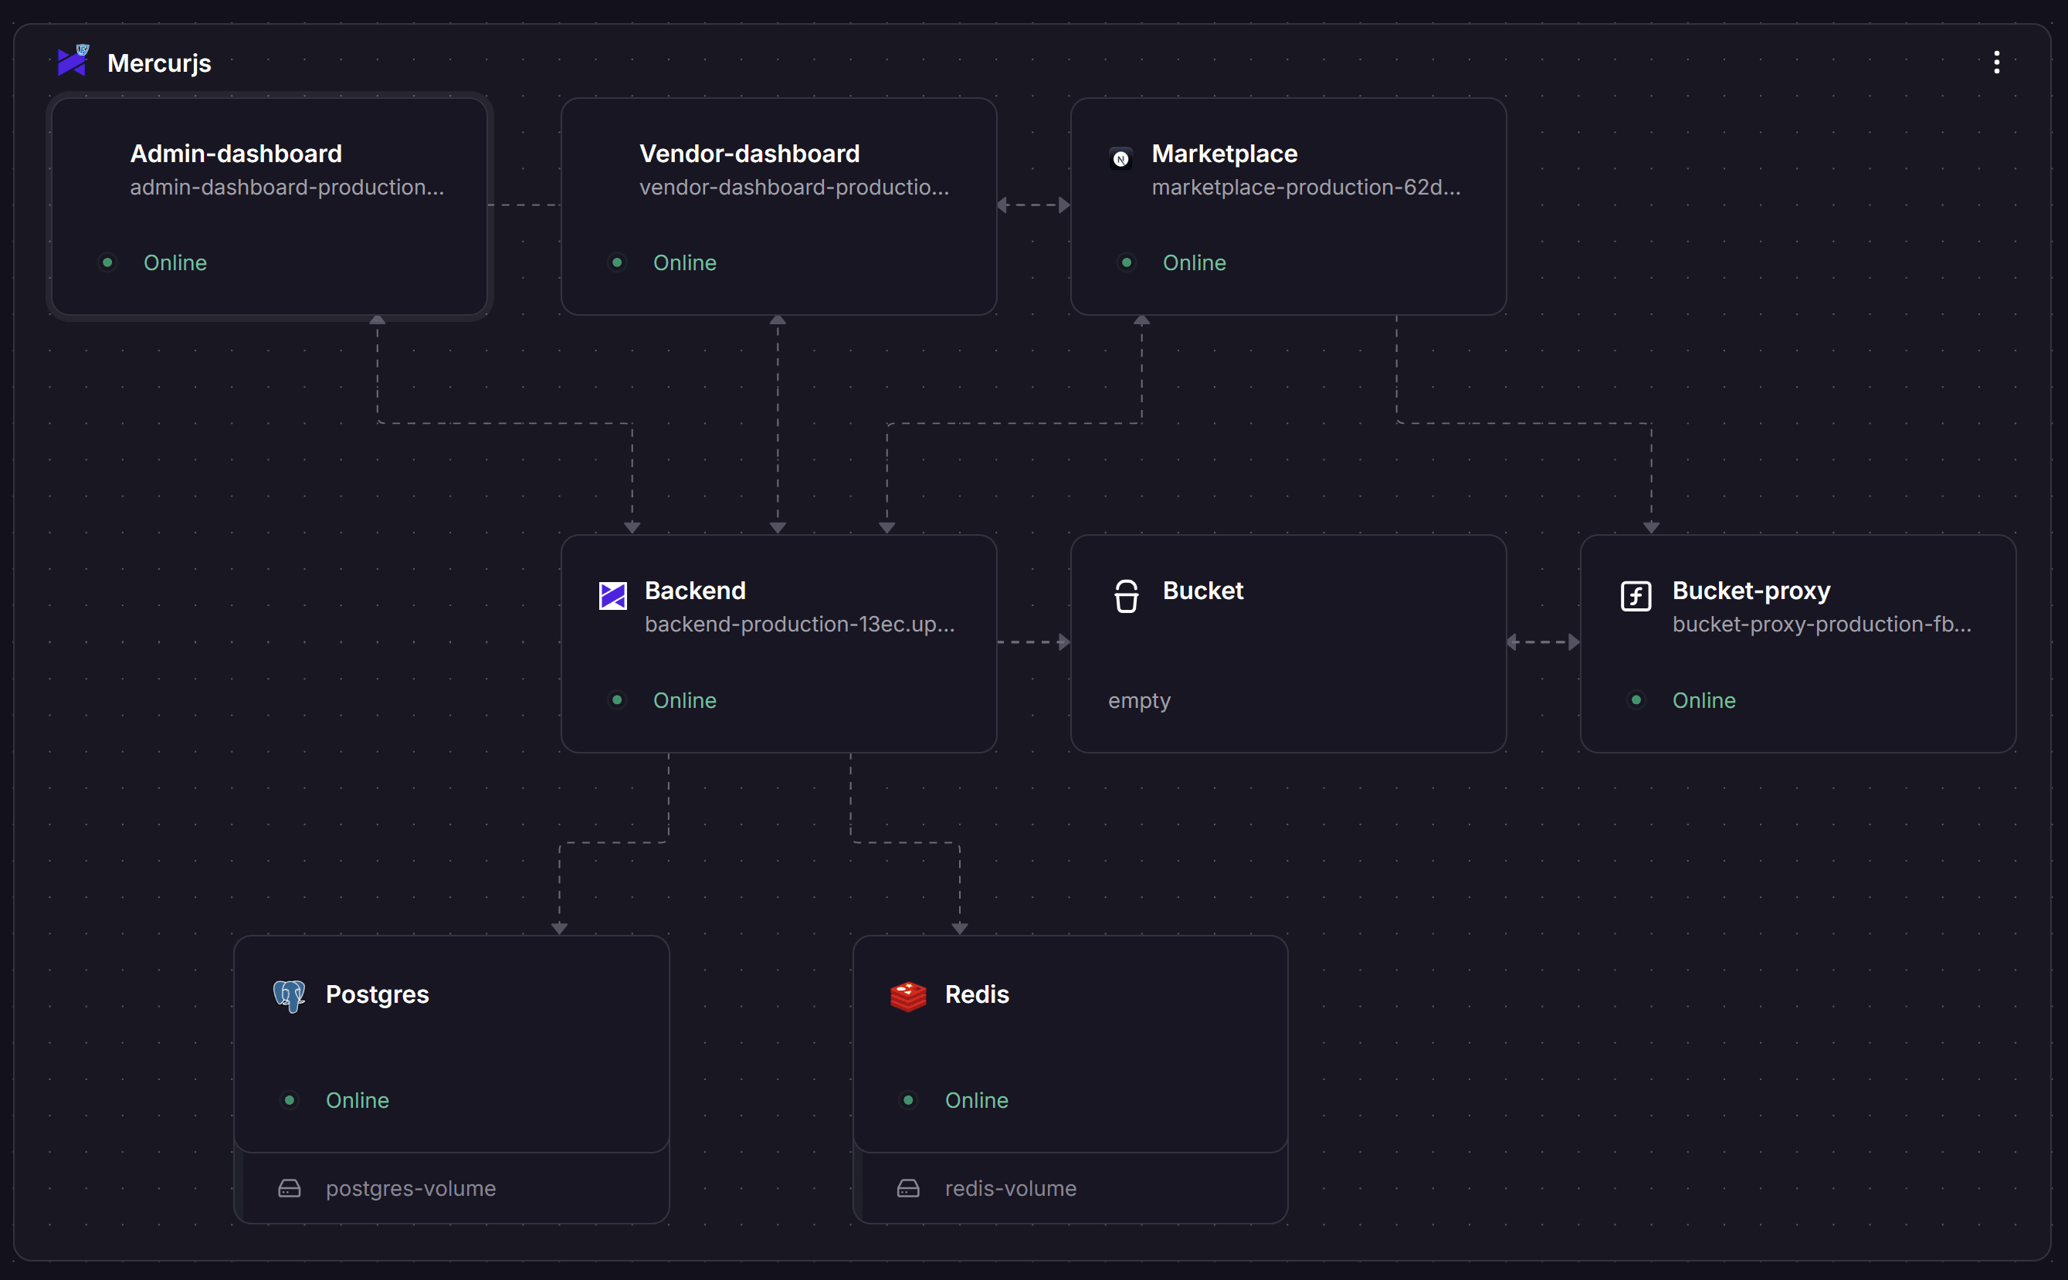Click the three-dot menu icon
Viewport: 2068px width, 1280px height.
click(x=1996, y=63)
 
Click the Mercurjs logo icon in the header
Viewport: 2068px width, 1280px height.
click(x=73, y=61)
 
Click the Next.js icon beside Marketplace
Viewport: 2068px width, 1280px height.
click(x=1120, y=158)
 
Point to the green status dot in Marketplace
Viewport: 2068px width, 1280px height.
click(x=1127, y=262)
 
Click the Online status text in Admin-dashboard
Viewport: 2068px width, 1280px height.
click(x=175, y=262)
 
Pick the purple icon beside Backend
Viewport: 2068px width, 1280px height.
click(x=613, y=595)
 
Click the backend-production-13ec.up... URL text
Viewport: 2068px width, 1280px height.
click(x=799, y=624)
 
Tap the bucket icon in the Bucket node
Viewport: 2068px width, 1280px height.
click(x=1127, y=596)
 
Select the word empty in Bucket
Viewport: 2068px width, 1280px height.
click(x=1139, y=701)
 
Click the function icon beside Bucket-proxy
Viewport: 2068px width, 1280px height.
click(x=1636, y=596)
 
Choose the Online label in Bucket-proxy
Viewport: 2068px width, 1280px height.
click(x=1704, y=700)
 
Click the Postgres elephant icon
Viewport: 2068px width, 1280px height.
click(x=289, y=996)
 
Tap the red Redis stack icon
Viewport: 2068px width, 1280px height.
click(x=908, y=996)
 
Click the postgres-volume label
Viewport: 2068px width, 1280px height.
click(x=411, y=1189)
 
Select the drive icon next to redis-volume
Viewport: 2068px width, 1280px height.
click(x=908, y=1189)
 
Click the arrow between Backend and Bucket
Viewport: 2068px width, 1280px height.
click(x=1034, y=642)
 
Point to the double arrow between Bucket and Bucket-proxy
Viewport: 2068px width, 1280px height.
click(x=1543, y=642)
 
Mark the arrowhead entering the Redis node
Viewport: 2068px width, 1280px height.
click(x=959, y=929)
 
